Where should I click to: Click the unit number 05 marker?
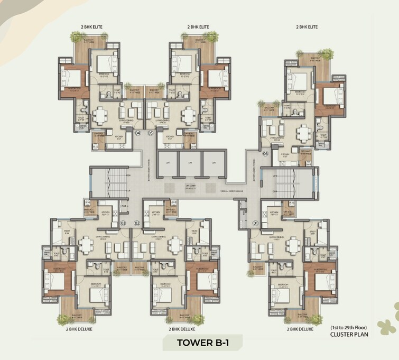[150, 133]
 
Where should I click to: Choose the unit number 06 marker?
[265, 154]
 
